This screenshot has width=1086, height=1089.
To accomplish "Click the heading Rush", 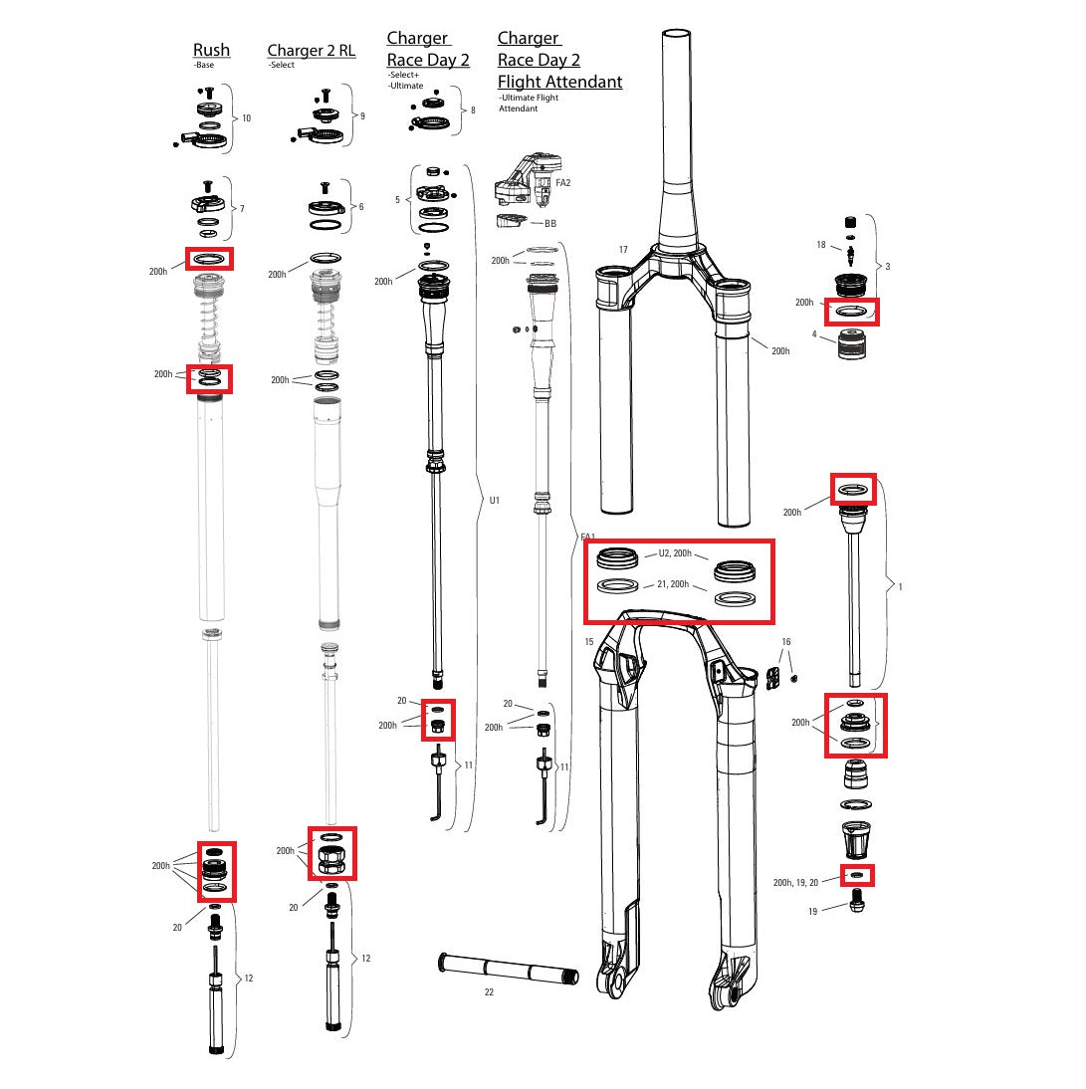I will click(x=211, y=50).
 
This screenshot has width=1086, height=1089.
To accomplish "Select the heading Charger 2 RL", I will click(x=311, y=51).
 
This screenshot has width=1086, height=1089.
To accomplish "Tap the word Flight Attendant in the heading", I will click(x=559, y=82).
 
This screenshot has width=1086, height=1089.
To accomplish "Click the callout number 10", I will click(x=246, y=118).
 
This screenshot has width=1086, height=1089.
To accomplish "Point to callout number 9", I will click(x=362, y=116).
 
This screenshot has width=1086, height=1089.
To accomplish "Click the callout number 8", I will click(x=472, y=110).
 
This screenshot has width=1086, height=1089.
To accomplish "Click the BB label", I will click(x=549, y=224).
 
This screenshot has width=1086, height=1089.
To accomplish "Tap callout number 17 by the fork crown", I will click(x=623, y=250).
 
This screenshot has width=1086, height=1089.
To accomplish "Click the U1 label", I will click(x=495, y=501).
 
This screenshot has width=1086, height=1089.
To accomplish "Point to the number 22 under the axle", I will click(x=489, y=991).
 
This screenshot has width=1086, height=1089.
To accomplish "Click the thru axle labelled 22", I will click(x=508, y=970).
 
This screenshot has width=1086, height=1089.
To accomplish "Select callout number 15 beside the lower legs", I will click(x=589, y=642).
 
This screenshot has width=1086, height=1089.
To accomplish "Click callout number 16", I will click(x=785, y=643).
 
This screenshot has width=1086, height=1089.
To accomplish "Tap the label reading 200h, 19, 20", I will click(x=795, y=882).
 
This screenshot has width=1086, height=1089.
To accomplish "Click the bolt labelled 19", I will click(x=858, y=905).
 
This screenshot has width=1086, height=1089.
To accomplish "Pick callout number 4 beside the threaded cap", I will click(x=814, y=335).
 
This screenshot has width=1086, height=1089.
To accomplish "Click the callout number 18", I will click(x=821, y=244).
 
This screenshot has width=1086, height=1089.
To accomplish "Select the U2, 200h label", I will click(x=675, y=553).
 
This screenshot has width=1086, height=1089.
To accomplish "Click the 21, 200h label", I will click(x=675, y=585).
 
